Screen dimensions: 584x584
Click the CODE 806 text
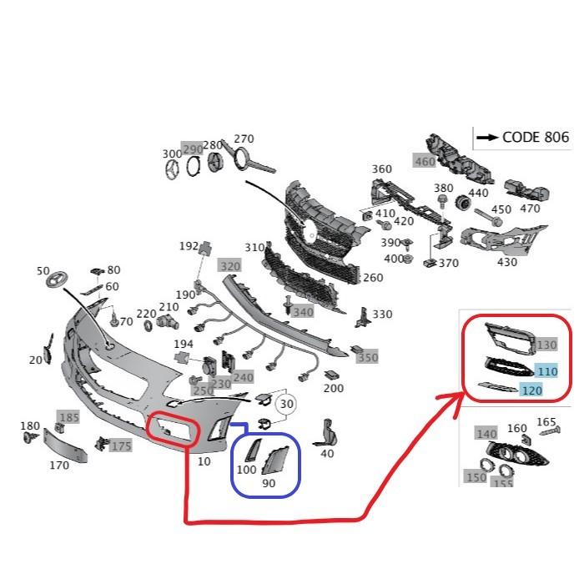535,138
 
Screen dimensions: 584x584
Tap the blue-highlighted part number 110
546,371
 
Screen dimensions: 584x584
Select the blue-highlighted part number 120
531,390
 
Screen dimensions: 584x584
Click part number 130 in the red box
546,345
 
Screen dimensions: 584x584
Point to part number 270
243,138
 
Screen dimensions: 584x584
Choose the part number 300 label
172,154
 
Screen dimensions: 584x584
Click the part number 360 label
381,169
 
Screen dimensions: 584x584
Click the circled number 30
287,404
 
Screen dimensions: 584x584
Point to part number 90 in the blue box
269,483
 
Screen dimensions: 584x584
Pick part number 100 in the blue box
247,470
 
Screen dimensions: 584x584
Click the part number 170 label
58,465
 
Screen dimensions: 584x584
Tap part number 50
43,270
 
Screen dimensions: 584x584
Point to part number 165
546,422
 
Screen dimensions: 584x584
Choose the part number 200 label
333,388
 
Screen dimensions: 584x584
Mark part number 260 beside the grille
372,278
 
